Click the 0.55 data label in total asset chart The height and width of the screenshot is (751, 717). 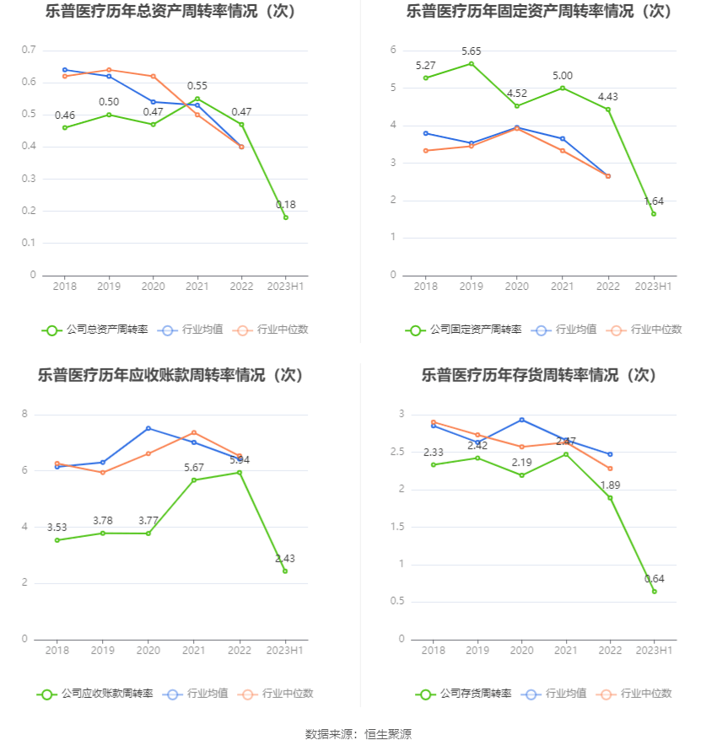click(x=197, y=86)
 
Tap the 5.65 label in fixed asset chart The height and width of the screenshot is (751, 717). click(x=472, y=51)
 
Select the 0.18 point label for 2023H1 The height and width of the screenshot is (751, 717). click(x=286, y=205)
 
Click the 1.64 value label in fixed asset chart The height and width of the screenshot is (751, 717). click(x=654, y=201)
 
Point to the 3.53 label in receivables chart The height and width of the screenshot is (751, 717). click(x=57, y=528)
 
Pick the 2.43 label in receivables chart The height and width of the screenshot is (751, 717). click(x=285, y=559)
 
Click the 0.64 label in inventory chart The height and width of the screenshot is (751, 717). click(x=654, y=579)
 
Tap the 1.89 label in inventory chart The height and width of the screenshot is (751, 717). click(x=610, y=485)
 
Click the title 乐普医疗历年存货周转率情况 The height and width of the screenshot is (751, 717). click(x=538, y=375)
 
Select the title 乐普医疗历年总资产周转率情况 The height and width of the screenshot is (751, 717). click(x=171, y=12)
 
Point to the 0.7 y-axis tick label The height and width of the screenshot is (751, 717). click(x=29, y=51)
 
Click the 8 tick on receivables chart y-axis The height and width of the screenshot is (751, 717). click(x=25, y=414)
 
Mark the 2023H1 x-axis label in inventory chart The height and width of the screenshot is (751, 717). click(x=654, y=651)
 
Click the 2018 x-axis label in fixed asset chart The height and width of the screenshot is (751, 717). click(x=425, y=287)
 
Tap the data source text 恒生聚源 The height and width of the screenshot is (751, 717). click(x=387, y=734)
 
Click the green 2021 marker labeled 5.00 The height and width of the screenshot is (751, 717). click(x=563, y=88)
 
